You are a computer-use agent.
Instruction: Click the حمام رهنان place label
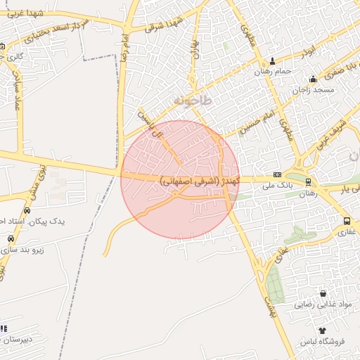273,72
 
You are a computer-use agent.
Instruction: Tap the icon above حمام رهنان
273,61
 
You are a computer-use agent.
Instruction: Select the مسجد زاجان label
313,90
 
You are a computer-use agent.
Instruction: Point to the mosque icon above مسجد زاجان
313,79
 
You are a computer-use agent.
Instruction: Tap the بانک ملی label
276,185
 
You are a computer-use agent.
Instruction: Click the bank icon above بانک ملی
277,174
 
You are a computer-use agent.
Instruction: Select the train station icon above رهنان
308,182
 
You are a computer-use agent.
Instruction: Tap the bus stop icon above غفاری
347,221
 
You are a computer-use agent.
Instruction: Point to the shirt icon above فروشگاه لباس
322,330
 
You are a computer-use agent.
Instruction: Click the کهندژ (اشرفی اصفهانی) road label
200,181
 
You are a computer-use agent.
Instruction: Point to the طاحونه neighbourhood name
191,101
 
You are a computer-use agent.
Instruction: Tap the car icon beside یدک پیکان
27,211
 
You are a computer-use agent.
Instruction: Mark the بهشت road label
269,304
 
